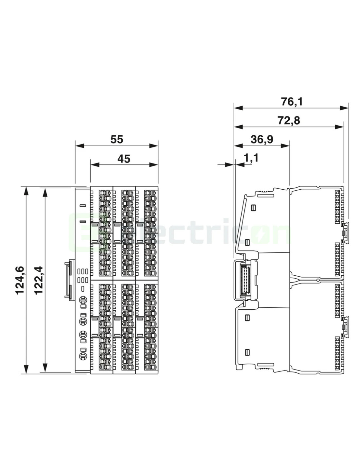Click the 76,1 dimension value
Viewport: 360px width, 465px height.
click(292, 102)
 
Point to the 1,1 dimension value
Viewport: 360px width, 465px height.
click(251, 158)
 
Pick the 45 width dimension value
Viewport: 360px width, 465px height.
click(124, 159)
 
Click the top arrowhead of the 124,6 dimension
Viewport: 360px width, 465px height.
click(26, 191)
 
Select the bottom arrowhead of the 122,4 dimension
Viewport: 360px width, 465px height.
click(45, 367)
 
